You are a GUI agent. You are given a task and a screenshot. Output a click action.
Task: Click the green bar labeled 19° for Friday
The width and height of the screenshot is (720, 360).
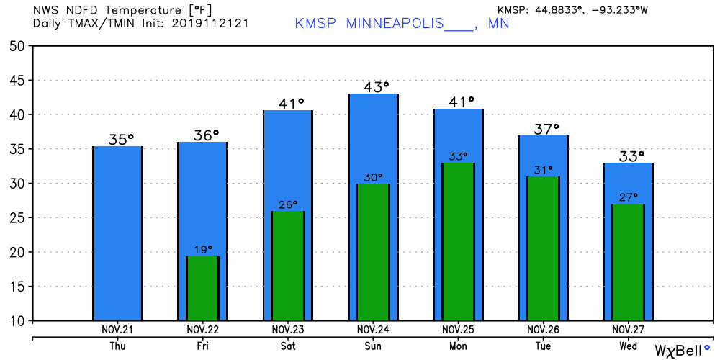202,288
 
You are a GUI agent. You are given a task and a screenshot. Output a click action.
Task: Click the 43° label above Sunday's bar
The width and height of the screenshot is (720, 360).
373,86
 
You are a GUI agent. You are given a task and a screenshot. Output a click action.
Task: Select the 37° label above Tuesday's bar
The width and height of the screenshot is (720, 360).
543,128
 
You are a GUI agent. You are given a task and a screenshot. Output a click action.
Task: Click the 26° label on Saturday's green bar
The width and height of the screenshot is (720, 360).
288,204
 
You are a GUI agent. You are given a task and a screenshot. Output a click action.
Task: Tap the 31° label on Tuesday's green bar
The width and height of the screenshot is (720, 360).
543,170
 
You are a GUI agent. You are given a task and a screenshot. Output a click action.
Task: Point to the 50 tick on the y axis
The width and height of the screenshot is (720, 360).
17,46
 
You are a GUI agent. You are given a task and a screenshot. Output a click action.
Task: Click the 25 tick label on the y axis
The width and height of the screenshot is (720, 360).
17,218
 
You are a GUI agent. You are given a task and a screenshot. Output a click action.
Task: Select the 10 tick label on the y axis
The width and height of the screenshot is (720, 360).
17,321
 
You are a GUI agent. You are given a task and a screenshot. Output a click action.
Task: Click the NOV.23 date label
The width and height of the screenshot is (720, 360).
288,329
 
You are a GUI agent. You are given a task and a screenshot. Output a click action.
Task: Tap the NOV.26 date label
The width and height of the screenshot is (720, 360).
543,329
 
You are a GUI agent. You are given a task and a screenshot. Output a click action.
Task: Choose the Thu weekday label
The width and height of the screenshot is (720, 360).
118,346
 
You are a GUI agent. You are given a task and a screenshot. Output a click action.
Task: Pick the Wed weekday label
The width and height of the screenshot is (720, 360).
628,346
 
